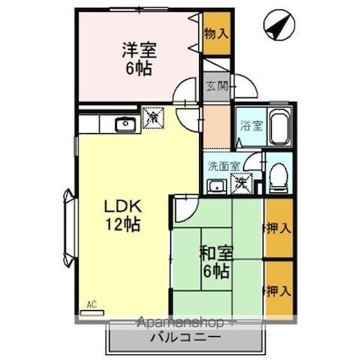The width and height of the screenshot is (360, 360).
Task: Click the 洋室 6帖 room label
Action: (136, 57)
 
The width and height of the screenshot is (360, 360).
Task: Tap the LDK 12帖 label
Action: (122, 215)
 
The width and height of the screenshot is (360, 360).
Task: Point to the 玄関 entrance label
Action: (217, 86)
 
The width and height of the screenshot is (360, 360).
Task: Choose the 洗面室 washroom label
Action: (224, 166)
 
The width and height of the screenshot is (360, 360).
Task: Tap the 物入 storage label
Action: (216, 34)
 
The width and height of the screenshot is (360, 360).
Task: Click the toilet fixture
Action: (278, 176)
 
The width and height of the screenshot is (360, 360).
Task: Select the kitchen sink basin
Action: (125, 126)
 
